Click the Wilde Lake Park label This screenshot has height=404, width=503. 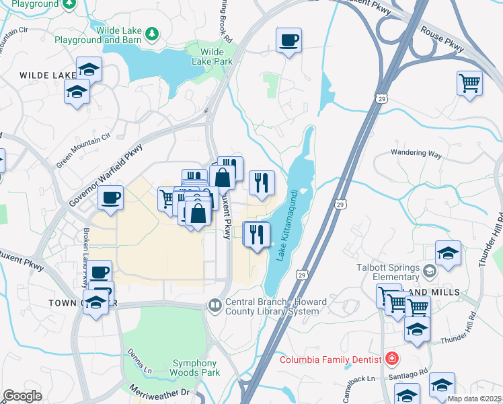point(216,57)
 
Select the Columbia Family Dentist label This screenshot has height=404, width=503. point(332,359)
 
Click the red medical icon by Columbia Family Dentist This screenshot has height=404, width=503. point(391,359)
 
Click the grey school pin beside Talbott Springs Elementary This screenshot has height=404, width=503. point(430,272)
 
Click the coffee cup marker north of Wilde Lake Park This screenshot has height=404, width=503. point(288,40)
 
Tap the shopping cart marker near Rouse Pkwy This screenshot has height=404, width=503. point(469,83)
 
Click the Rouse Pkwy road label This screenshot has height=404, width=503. point(442,40)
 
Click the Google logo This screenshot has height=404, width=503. point(22,396)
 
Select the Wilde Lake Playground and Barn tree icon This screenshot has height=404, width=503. point(153,32)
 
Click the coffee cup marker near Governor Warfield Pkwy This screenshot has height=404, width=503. point(110,197)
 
